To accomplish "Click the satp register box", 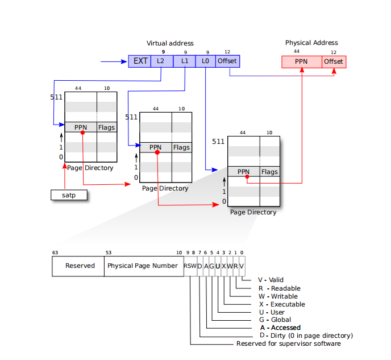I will click(68, 195).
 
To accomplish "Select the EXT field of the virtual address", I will click(140, 61).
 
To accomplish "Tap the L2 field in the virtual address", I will click(161, 61).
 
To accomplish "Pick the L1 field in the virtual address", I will click(184, 61).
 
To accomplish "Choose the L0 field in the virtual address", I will click(205, 61).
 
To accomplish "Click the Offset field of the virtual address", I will click(227, 61).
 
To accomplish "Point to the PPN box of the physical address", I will click(302, 61).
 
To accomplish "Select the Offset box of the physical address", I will click(334, 61).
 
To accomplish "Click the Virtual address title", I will click(170, 43).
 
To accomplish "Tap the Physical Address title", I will click(311, 43).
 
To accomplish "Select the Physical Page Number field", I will click(143, 266).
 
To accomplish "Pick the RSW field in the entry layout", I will click(190, 266).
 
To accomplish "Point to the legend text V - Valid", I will click(271, 280).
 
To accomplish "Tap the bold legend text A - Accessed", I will click(280, 328).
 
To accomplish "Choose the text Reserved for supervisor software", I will click(288, 344).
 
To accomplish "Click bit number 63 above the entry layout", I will click(55, 253).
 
